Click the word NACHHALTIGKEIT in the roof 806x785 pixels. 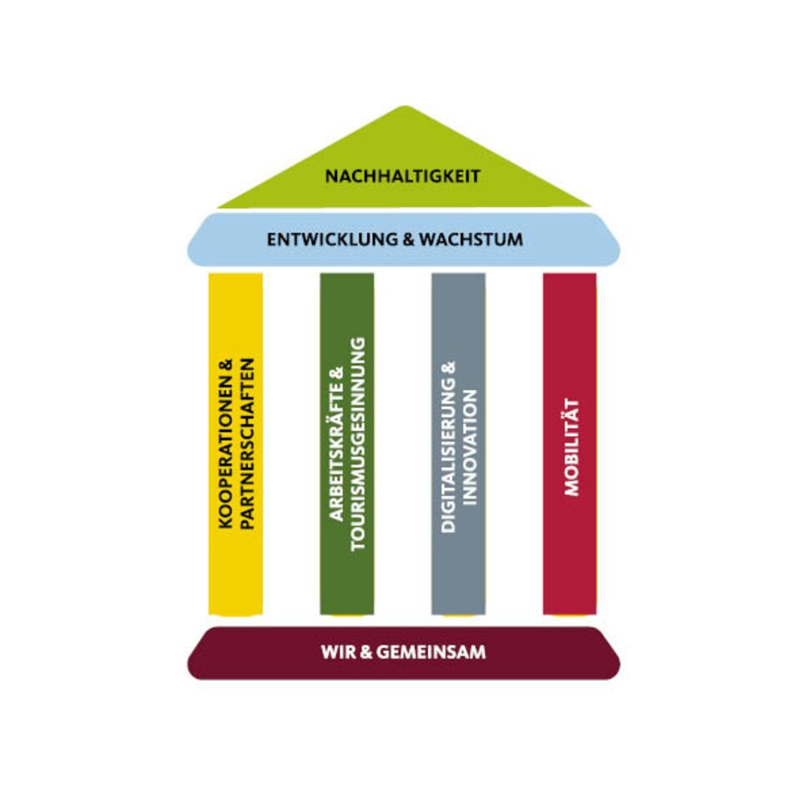point(402,176)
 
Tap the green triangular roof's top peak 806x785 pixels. point(405,109)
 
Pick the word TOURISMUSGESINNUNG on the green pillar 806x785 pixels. point(359,444)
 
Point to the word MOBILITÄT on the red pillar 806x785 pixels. point(572,448)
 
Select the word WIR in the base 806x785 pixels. point(335,652)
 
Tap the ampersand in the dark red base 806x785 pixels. point(365,652)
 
